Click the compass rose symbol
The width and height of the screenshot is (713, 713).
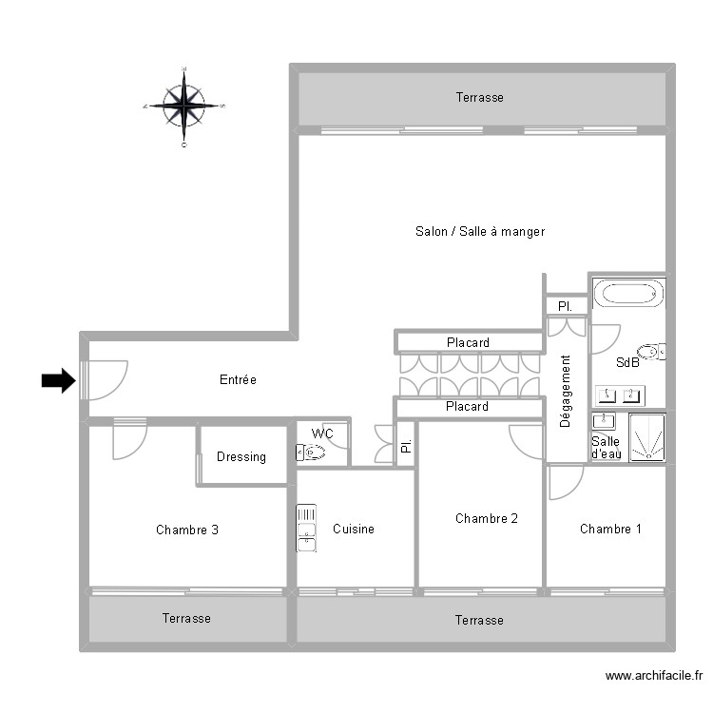click(x=183, y=106)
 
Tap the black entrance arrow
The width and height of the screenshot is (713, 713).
click(x=58, y=381)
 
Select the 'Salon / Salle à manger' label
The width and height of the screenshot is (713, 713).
click(x=479, y=231)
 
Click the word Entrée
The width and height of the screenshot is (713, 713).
click(x=238, y=380)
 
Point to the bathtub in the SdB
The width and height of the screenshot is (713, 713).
click(x=627, y=292)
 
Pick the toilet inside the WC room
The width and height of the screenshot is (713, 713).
click(x=313, y=453)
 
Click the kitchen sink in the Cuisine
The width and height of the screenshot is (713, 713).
click(x=306, y=528)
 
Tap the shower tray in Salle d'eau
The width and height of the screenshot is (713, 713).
click(x=646, y=438)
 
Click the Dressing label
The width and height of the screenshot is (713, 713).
click(x=241, y=457)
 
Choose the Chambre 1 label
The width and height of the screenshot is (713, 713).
click(x=610, y=529)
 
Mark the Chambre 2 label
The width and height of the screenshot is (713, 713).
click(x=487, y=518)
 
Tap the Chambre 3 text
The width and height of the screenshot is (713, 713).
click(x=187, y=530)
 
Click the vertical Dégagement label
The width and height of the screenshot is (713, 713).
click(x=566, y=391)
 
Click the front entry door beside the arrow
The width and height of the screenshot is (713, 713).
click(x=105, y=379)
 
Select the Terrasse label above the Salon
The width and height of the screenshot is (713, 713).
click(x=479, y=97)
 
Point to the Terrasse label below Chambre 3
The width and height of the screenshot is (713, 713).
click(x=186, y=618)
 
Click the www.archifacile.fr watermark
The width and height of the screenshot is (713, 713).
click(x=653, y=677)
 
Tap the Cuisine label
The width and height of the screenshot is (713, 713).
click(x=354, y=529)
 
